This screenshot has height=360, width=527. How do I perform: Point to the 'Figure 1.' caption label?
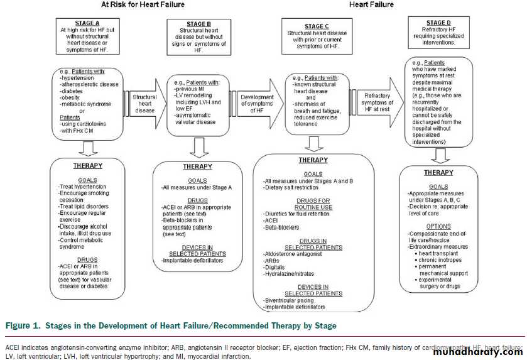(x=24, y=325)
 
